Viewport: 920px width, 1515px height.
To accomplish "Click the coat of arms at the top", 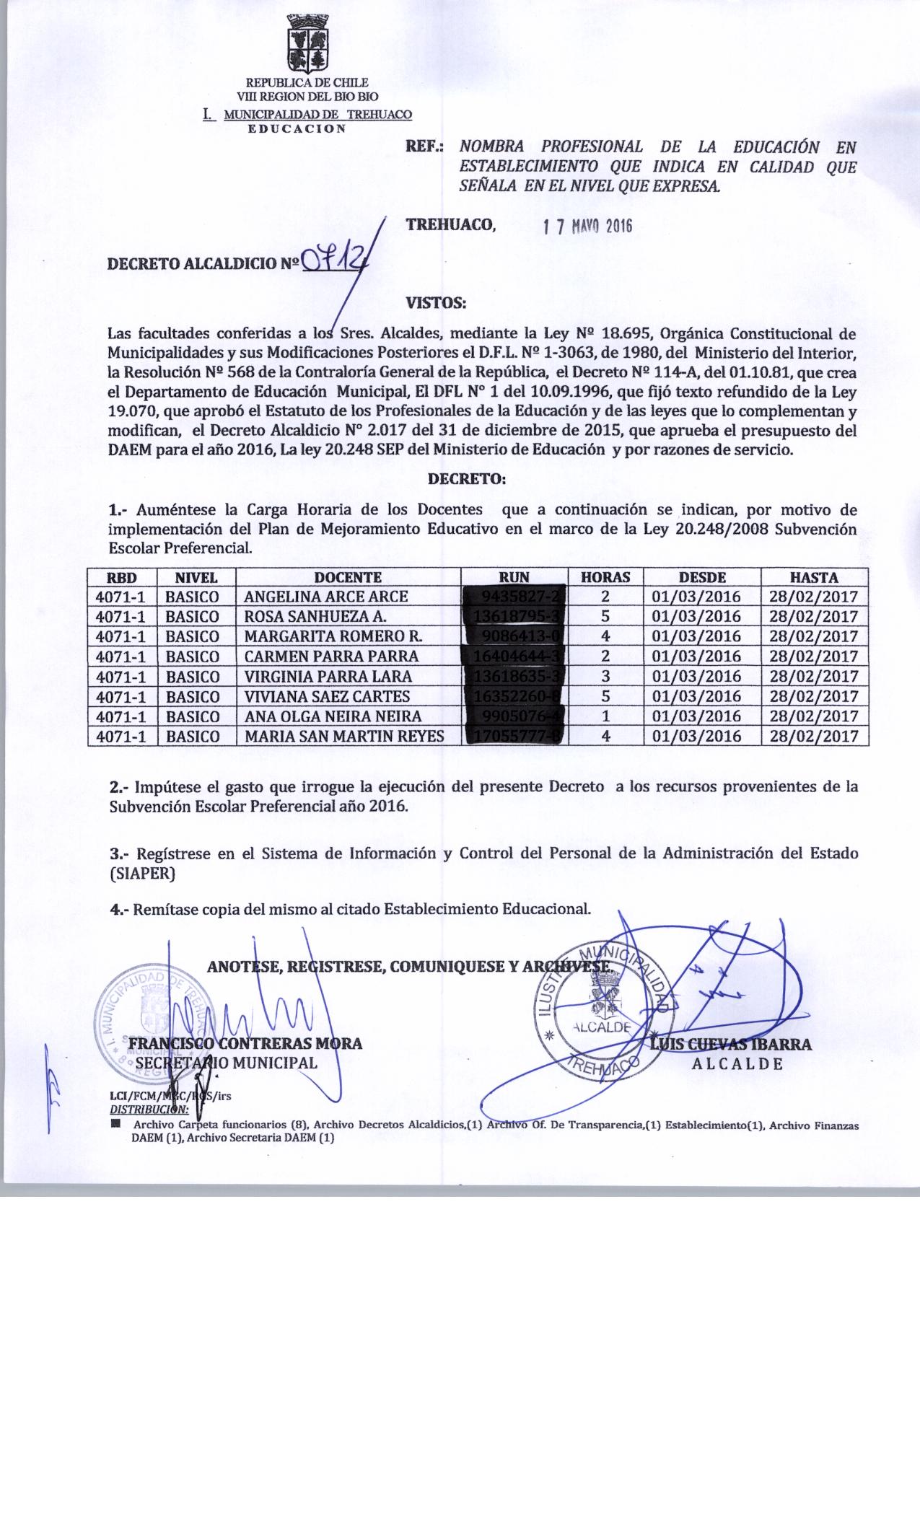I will (308, 43).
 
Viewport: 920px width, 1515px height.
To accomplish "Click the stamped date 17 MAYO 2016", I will (587, 226).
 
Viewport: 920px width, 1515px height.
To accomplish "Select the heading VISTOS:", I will (437, 303).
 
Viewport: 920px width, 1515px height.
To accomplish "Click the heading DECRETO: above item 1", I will (467, 478).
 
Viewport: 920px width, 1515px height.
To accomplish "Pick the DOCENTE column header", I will (348, 577).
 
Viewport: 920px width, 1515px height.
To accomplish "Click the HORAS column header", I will (606, 577).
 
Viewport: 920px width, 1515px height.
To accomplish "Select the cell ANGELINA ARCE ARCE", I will (326, 597).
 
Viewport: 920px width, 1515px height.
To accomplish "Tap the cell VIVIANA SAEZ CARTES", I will (328, 696).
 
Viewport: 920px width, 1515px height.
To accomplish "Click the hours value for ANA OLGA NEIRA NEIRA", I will (606, 716).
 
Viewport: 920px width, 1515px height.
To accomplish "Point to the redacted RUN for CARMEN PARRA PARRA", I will (514, 656).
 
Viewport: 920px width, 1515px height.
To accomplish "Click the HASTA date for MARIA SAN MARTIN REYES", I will (813, 737).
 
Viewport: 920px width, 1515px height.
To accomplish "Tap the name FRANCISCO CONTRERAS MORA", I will (245, 1043).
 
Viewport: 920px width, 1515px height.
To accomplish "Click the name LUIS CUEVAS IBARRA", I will (731, 1044).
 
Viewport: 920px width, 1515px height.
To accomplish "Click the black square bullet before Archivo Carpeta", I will (114, 1124).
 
